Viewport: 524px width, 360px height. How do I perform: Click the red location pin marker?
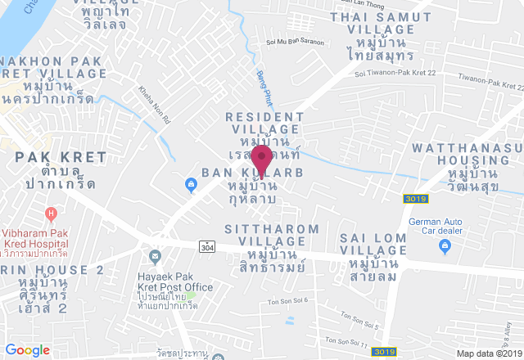pos(262,157)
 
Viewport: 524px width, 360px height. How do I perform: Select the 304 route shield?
pos(206,245)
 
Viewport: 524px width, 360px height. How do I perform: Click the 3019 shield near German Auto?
pos(414,199)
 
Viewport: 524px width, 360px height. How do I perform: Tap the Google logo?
pos(27,350)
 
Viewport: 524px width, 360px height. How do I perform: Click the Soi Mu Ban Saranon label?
pos(295,42)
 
